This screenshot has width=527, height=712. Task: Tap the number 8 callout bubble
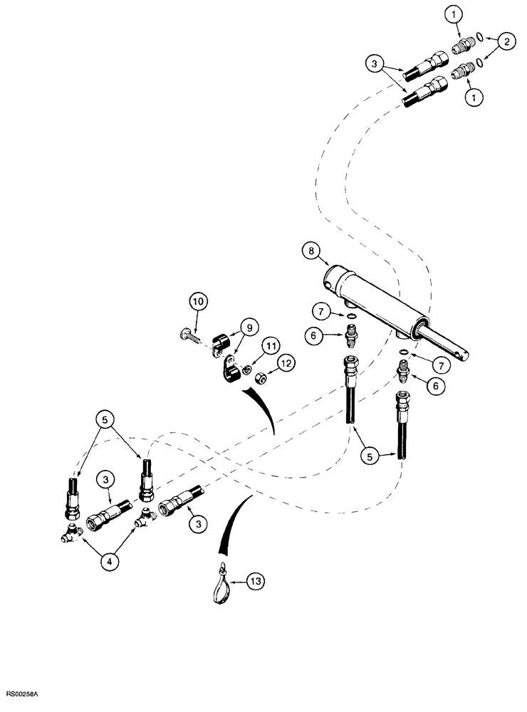(310, 251)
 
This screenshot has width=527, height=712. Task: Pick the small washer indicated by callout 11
(246, 370)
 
